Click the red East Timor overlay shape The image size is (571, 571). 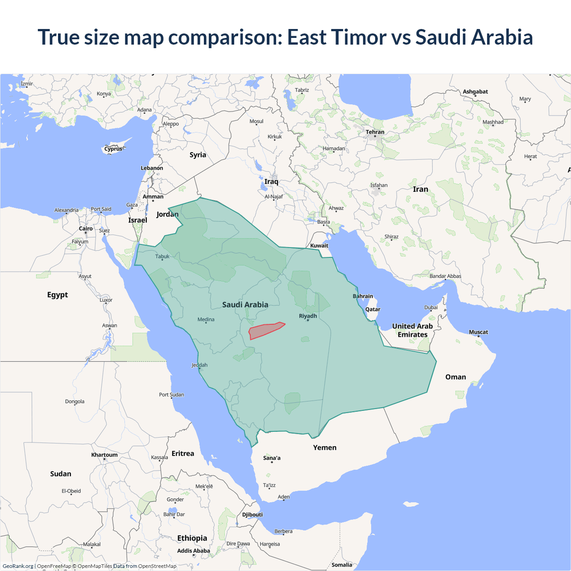click(x=265, y=331)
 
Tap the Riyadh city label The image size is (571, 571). click(x=308, y=316)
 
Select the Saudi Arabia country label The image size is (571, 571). click(x=245, y=305)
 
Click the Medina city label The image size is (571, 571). click(x=206, y=319)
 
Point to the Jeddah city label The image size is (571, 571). click(x=199, y=365)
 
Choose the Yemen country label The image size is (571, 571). click(x=324, y=447)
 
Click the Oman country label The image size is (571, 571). click(x=455, y=377)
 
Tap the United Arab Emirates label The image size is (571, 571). click(x=412, y=331)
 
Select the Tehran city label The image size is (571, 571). click(x=375, y=132)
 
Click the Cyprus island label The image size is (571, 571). click(x=113, y=149)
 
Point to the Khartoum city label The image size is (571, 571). click(x=104, y=455)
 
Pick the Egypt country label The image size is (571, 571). click(x=58, y=295)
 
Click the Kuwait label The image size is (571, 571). click(x=319, y=245)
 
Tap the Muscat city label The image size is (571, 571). click(x=478, y=332)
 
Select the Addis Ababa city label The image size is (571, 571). click(x=193, y=550)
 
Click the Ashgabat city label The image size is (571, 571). click(x=475, y=91)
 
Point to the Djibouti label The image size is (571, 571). click(x=252, y=514)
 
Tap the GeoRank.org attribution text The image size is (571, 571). click(x=18, y=566)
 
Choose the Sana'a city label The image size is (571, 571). click(x=272, y=458)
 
